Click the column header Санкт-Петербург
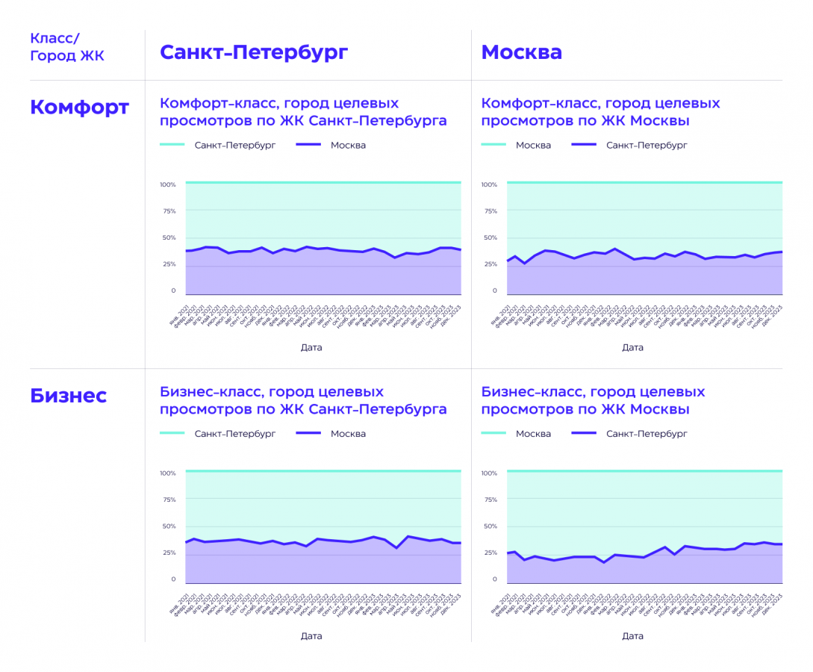click(x=254, y=52)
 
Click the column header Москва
click(x=521, y=52)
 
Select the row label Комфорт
click(x=79, y=107)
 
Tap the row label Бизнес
click(x=68, y=396)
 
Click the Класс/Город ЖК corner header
click(x=67, y=46)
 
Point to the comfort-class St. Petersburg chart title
click(x=303, y=112)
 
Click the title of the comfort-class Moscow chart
click(x=600, y=112)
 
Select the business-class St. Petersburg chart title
click(x=303, y=400)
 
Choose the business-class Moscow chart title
click(x=593, y=400)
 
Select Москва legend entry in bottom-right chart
click(x=533, y=433)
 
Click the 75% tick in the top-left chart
click(x=168, y=211)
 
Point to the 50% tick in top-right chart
click(x=489, y=238)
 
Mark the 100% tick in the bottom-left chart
click(x=167, y=473)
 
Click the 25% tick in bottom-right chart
click(x=489, y=553)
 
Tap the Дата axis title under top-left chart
click(x=311, y=347)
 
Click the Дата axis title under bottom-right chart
click(x=632, y=636)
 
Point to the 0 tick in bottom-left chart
click(x=173, y=579)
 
